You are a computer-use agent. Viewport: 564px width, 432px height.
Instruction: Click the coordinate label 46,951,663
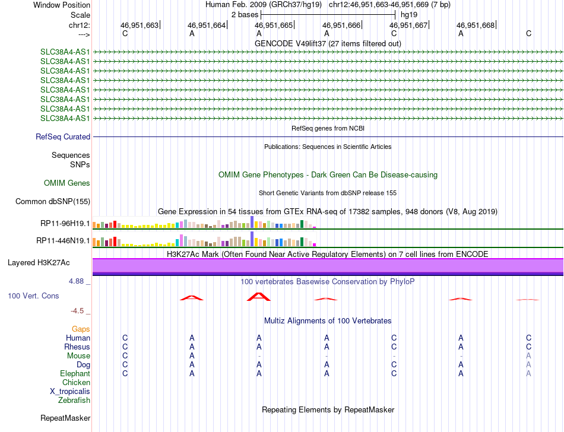pos(140,25)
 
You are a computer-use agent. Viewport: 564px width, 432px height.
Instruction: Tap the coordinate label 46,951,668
pos(475,25)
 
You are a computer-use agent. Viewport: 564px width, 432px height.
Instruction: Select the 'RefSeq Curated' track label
pos(63,136)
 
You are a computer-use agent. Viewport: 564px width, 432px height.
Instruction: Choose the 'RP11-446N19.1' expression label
pos(63,240)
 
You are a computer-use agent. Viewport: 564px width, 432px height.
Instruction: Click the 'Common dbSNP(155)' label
pos(53,201)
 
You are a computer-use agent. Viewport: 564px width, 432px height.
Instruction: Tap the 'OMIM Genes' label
pos(67,183)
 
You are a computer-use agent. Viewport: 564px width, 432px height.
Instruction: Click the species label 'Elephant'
pos(75,374)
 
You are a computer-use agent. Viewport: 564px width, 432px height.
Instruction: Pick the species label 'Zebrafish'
pos(74,401)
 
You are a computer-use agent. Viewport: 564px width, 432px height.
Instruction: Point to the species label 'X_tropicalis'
pos(70,392)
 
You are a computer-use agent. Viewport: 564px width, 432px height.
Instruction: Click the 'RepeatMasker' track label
pos(65,418)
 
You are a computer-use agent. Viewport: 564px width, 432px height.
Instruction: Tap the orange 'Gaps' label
pos(81,329)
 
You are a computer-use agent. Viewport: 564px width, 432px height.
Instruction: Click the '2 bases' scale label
pos(244,14)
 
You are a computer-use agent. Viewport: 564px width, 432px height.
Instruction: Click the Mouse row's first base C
pos(125,355)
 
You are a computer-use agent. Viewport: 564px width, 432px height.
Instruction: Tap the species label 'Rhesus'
pos(77,347)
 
